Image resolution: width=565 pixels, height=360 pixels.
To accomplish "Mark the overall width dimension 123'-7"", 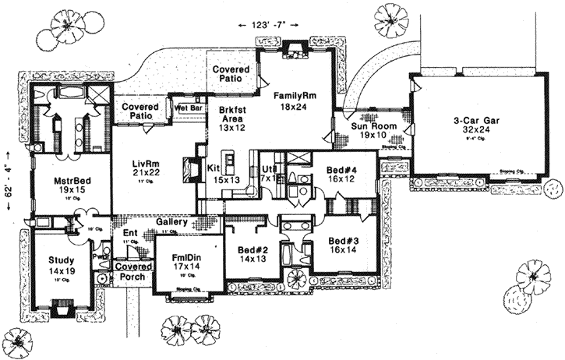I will tap(267, 26).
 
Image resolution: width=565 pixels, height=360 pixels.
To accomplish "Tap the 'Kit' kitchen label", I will tap(214, 168).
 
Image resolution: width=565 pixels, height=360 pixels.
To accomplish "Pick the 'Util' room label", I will tap(269, 168).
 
